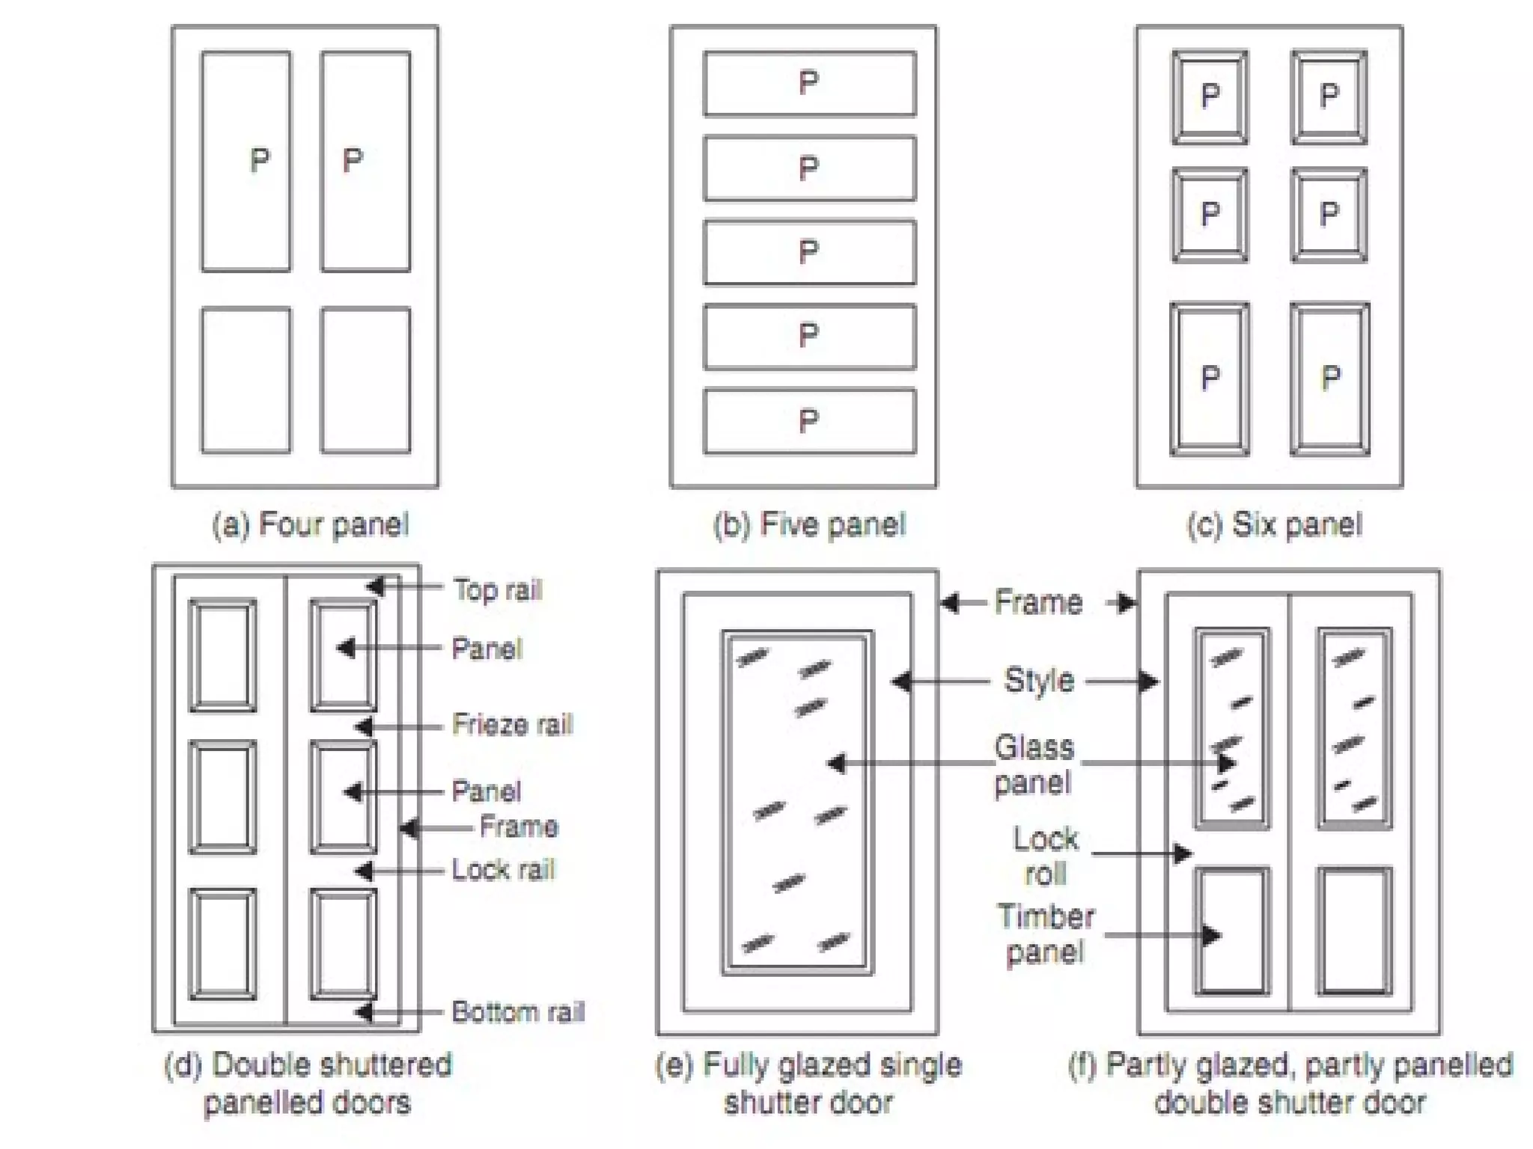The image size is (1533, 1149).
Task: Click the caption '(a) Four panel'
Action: tap(311, 525)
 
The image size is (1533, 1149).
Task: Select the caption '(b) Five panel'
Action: tap(809, 525)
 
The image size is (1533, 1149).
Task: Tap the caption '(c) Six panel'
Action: tap(1274, 525)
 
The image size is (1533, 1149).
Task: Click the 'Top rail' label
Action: tap(498, 590)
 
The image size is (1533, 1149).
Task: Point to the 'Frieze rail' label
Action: tap(512, 725)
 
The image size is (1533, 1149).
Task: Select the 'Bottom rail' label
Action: tap(518, 1012)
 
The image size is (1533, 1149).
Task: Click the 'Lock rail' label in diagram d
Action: tap(503, 870)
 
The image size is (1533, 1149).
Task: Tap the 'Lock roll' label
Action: tap(1046, 857)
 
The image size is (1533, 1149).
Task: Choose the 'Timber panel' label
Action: tap(1046, 934)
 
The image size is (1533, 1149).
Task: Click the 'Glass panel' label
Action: tap(1034, 765)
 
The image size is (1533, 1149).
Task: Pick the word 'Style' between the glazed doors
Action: tap(1039, 681)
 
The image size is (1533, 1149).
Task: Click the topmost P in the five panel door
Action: tap(808, 82)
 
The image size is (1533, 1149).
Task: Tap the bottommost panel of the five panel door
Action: tap(809, 421)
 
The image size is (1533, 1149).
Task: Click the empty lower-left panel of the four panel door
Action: tap(246, 380)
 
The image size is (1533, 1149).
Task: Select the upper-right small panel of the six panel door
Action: tap(1329, 96)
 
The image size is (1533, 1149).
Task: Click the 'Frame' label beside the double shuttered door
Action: tap(519, 827)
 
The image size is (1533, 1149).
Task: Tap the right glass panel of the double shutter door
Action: tap(1354, 729)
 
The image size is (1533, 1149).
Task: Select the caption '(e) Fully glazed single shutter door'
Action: tap(808, 1083)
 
